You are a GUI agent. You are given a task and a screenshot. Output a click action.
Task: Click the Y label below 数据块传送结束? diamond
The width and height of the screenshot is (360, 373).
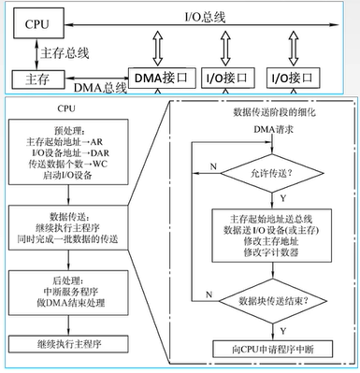tap(278, 327)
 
